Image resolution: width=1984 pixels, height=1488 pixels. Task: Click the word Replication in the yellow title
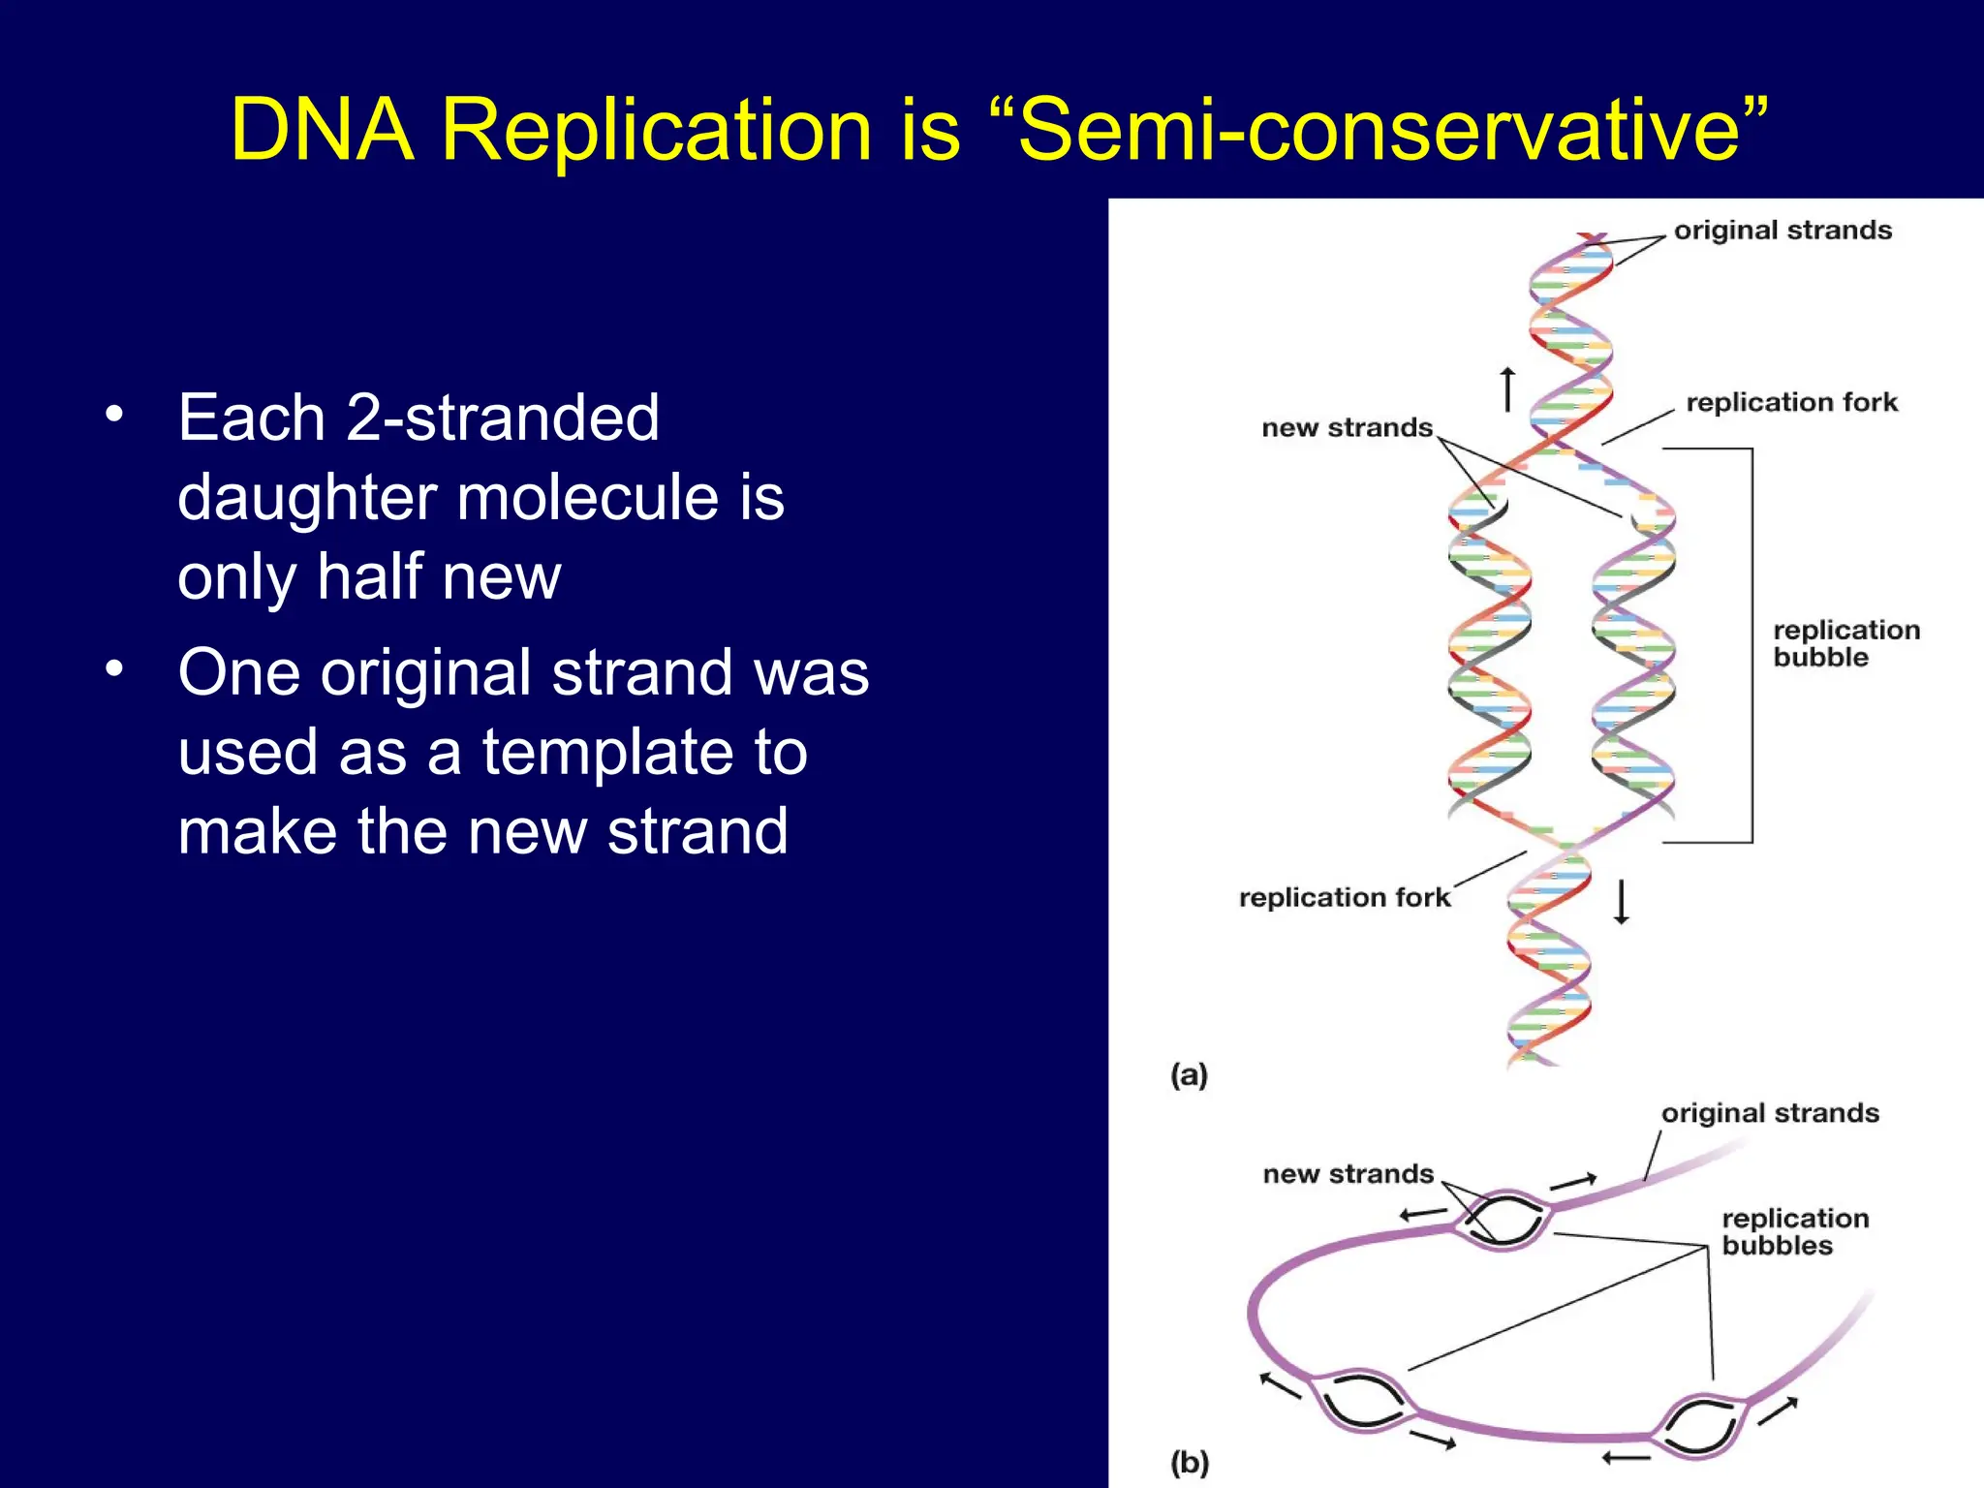click(x=657, y=131)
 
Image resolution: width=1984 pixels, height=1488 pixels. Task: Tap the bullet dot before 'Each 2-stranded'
click(x=115, y=414)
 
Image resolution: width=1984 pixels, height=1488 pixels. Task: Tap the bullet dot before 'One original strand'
click(x=115, y=668)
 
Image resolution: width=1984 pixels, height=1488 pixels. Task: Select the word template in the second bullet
click(x=644, y=752)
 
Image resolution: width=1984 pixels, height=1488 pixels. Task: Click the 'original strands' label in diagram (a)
click(x=1782, y=231)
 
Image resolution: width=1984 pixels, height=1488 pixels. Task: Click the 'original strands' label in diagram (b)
click(x=1770, y=1113)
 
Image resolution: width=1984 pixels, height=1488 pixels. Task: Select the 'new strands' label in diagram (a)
click(x=1347, y=428)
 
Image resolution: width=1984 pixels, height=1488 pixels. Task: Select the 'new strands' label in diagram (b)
click(x=1348, y=1174)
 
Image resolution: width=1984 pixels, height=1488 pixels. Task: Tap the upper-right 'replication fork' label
click(x=1791, y=402)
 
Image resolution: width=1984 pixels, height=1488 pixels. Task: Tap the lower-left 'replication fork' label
click(x=1345, y=897)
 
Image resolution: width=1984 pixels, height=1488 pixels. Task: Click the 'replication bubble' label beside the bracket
click(x=1845, y=643)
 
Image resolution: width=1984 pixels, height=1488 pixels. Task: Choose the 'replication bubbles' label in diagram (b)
click(x=1794, y=1231)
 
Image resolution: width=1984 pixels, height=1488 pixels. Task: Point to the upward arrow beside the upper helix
click(x=1507, y=389)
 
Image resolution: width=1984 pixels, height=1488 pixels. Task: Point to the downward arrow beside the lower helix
click(x=1621, y=901)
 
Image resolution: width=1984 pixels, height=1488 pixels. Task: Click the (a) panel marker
click(x=1189, y=1074)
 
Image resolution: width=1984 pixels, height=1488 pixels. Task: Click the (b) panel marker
click(x=1189, y=1462)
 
